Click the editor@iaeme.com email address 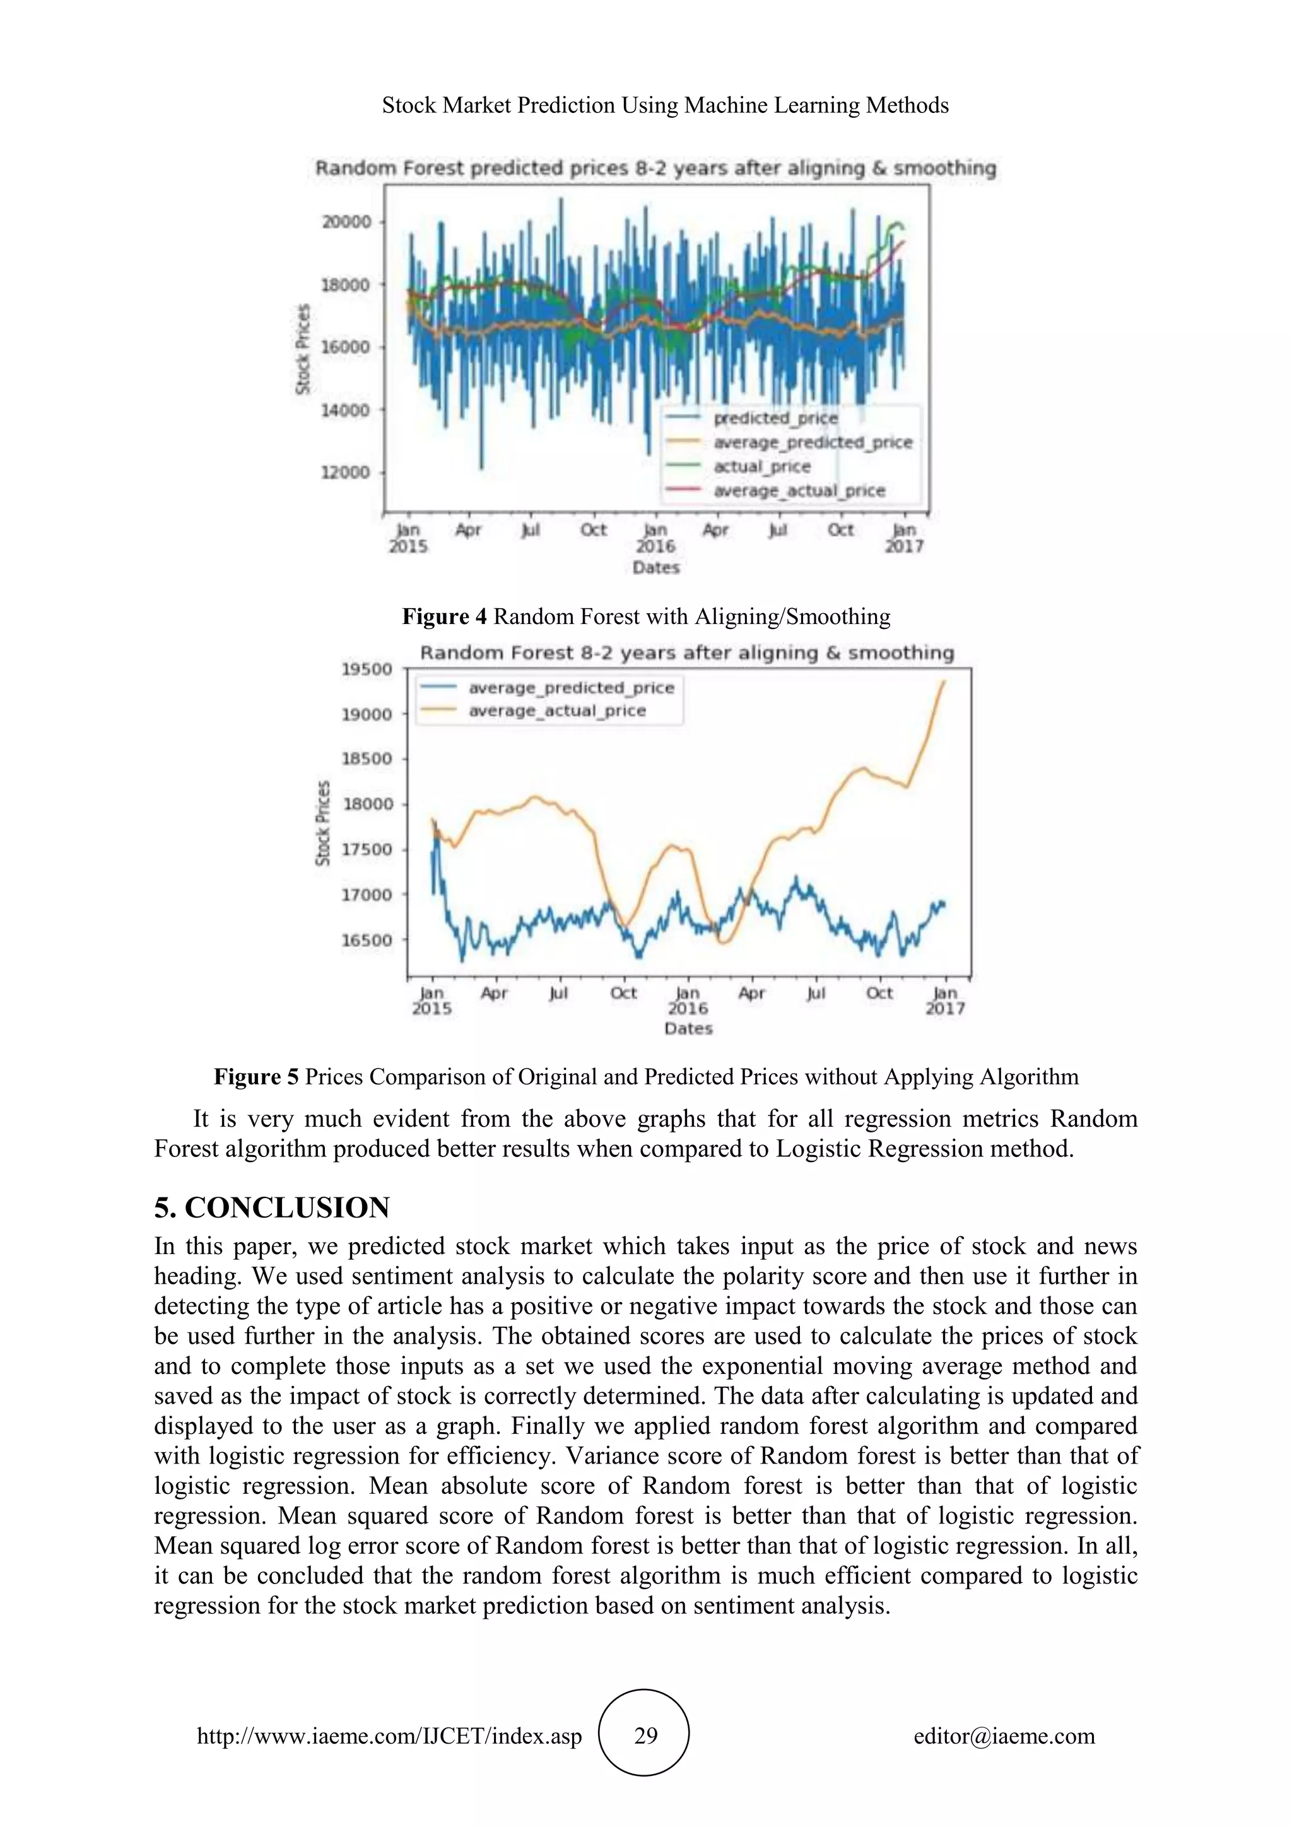[1004, 1736]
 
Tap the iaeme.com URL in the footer [389, 1736]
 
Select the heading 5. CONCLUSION [272, 1208]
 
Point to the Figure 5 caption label [256, 1077]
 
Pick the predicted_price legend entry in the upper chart [774, 418]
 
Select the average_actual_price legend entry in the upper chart [798, 491]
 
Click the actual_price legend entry [761, 466]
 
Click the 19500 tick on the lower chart [367, 669]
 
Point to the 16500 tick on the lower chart [367, 940]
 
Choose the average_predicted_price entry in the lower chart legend [570, 688]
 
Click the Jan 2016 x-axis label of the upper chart [655, 539]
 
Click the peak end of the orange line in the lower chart [944, 681]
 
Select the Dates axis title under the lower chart [688, 1029]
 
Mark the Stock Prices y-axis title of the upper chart [303, 348]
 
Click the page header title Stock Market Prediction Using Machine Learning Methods [665, 105]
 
